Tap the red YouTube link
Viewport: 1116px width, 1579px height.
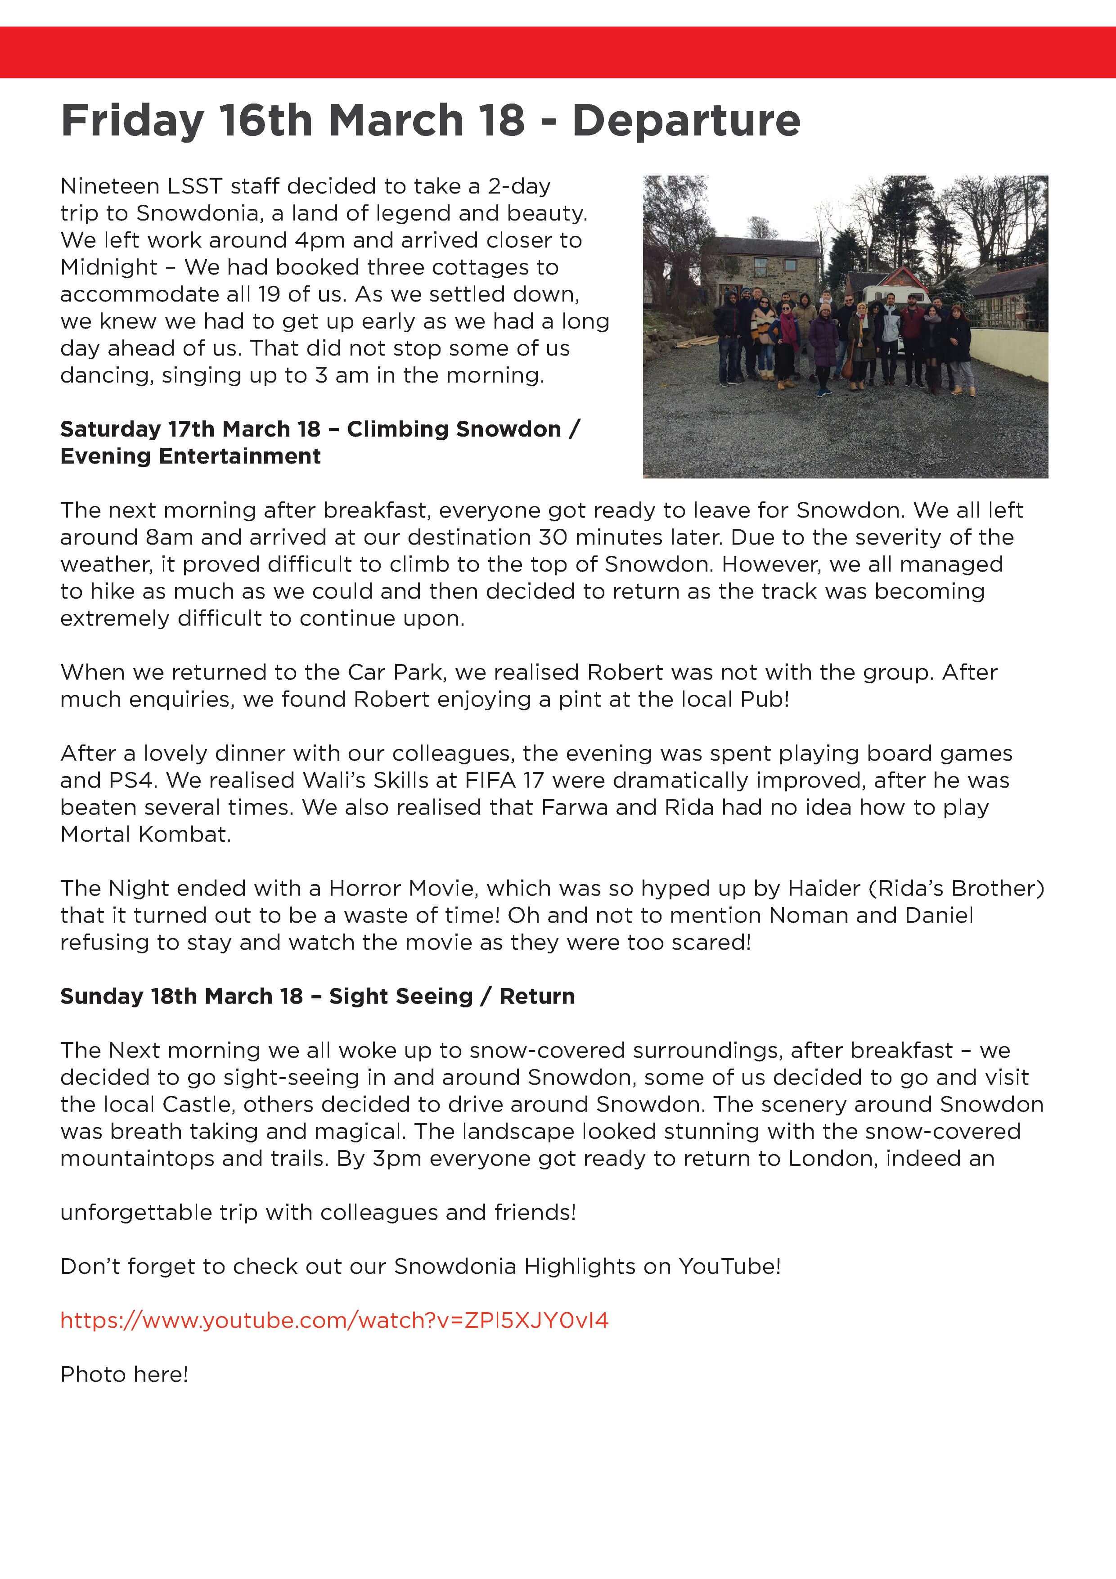click(x=334, y=1321)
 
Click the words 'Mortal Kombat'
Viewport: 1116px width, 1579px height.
click(x=145, y=834)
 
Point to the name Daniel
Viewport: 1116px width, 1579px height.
click(x=939, y=916)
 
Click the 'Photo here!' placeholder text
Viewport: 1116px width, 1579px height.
click(x=124, y=1374)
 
